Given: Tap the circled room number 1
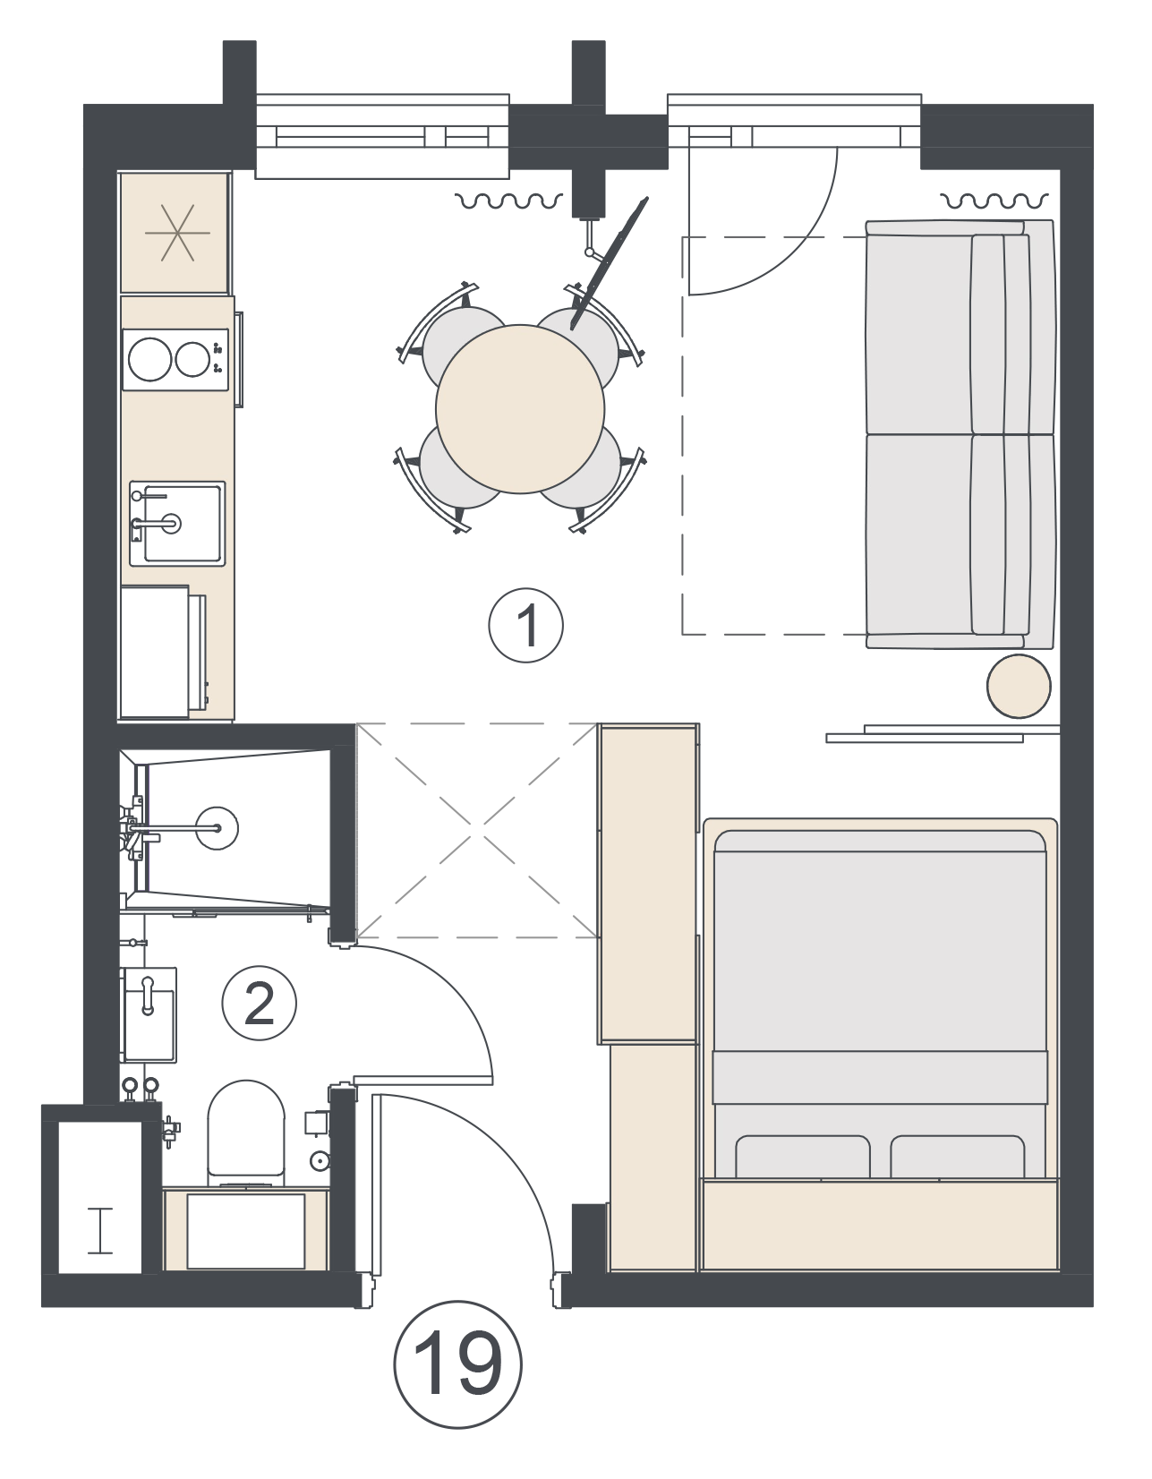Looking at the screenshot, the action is (526, 625).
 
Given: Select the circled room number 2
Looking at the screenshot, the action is (260, 1004).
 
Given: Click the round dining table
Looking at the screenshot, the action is (520, 408).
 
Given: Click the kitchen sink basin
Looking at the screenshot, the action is (177, 523).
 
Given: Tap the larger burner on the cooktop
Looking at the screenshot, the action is (149, 359).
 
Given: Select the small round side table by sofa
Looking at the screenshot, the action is (1019, 686).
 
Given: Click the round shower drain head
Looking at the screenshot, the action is (218, 828).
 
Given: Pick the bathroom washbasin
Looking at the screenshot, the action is (149, 1015).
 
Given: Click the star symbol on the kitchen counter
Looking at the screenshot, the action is (177, 233).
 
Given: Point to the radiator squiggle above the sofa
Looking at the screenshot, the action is (994, 201).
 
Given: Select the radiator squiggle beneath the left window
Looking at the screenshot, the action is (509, 201).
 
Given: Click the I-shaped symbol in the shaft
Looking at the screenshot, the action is (100, 1230).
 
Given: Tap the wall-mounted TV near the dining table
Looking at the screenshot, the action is (609, 263).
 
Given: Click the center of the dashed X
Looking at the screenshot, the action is (477, 831).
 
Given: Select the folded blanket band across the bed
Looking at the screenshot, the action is (880, 1077).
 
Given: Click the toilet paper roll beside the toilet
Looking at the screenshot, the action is (320, 1161).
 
